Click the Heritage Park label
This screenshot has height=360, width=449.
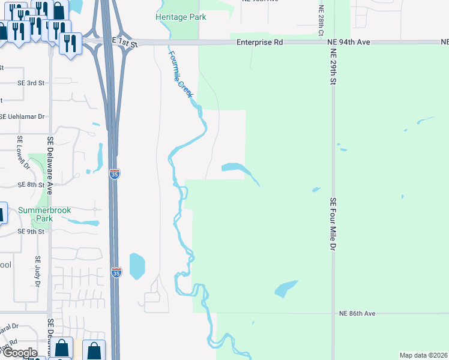pos(181,17)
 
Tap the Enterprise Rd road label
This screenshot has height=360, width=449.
pos(259,43)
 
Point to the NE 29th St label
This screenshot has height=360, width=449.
pos(332,65)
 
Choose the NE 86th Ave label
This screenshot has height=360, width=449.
pos(357,314)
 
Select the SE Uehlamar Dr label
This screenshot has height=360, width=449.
pos(22,116)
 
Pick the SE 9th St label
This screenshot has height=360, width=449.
pos(31,231)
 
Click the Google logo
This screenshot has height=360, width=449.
pos(19,353)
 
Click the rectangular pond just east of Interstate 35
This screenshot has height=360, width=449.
pos(137,266)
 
